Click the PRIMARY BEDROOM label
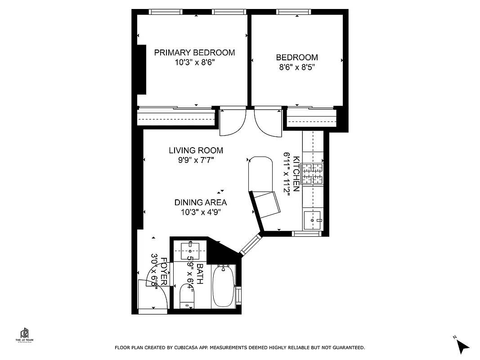pos(194,53)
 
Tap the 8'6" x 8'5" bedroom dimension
pos(296,67)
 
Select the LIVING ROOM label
pos(196,150)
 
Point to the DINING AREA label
pos(200,202)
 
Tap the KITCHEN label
pos(296,174)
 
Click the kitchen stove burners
pos(313,174)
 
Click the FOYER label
pos(164,271)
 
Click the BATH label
pos(199,273)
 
